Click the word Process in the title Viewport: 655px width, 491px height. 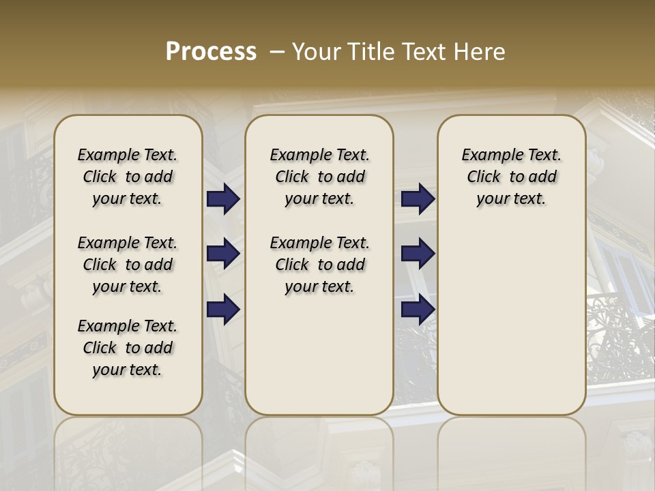point(211,52)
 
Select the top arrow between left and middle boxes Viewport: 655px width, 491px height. point(223,199)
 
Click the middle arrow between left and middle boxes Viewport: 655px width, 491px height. point(223,254)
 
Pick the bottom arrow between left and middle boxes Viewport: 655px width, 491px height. point(223,310)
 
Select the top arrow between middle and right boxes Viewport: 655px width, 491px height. point(418,199)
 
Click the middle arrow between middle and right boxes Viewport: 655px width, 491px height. point(418,254)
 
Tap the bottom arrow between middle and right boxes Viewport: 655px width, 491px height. point(418,310)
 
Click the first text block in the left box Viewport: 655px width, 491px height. point(128,177)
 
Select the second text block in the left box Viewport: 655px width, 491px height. point(128,265)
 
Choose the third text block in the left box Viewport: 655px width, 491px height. point(128,348)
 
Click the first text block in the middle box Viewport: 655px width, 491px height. point(320,177)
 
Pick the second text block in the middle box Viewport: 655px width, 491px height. point(320,265)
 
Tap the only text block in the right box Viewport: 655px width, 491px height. point(512,177)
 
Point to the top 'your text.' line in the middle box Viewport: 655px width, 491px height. point(320,199)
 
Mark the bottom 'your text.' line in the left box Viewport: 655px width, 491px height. point(128,370)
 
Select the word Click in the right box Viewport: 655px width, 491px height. point(484,177)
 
